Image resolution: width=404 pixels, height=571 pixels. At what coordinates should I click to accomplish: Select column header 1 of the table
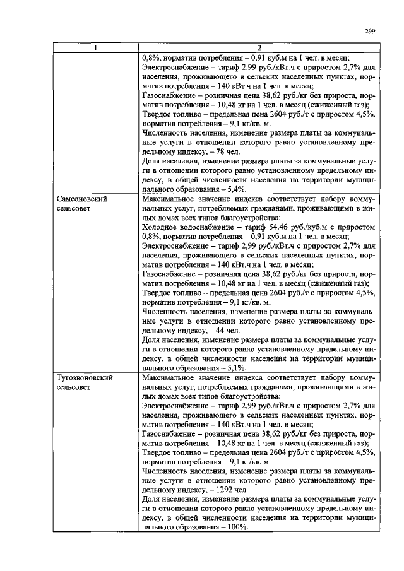[95, 48]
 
